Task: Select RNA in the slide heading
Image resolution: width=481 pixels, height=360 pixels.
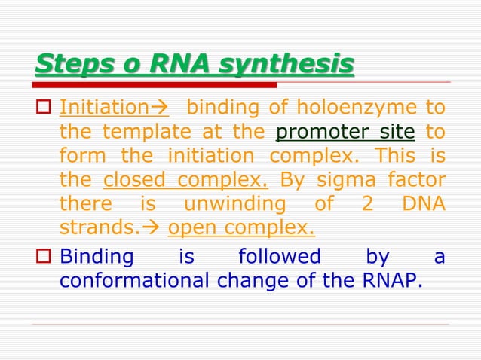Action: [x=174, y=65]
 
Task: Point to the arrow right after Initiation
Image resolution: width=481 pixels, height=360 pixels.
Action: [x=161, y=108]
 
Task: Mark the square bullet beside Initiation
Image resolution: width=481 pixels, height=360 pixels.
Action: [x=43, y=108]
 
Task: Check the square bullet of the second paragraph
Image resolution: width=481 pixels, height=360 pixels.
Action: [x=43, y=257]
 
